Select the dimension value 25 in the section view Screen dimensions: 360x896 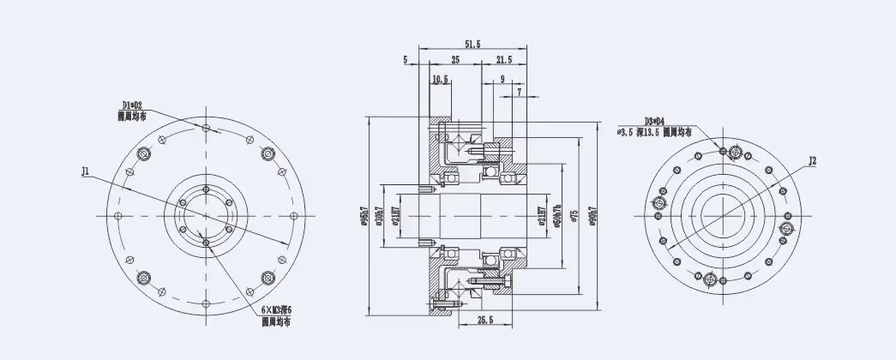[454, 60]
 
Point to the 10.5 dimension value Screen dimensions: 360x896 [441, 79]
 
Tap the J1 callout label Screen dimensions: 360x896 [86, 171]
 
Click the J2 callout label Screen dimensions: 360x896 [813, 160]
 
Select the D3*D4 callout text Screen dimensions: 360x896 [656, 122]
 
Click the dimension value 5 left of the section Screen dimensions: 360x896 [404, 60]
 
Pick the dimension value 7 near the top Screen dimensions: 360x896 [519, 90]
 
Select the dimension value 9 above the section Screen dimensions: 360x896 [502, 79]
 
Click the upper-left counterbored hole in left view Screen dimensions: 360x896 [143, 153]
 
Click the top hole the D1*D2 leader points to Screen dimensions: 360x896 [206, 127]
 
